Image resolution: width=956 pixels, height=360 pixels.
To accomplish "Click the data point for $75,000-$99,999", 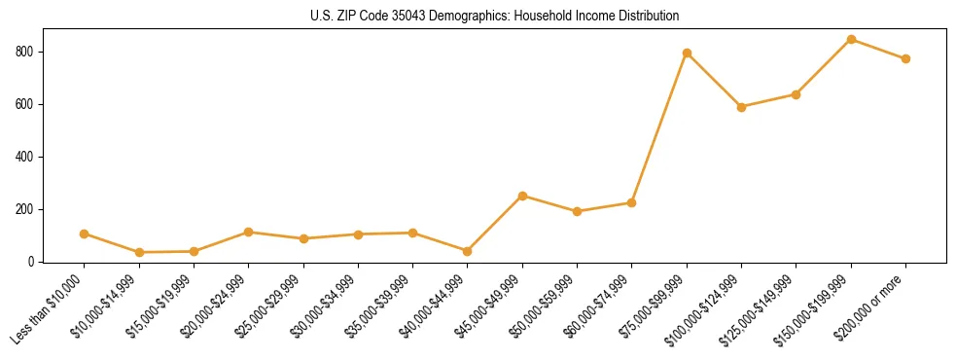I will [x=687, y=53].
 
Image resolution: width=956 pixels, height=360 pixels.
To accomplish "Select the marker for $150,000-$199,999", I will [x=851, y=40].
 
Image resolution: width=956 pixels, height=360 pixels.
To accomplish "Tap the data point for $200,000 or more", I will [x=905, y=58].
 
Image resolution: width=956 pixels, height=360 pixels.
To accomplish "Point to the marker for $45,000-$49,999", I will [x=522, y=196].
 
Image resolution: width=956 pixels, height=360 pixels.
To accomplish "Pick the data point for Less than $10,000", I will [x=85, y=234].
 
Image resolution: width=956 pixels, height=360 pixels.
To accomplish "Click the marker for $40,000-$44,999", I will [x=468, y=251].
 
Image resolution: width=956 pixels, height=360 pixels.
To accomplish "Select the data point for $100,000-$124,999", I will [x=741, y=107].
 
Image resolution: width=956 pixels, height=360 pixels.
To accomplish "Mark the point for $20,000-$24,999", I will [x=249, y=232].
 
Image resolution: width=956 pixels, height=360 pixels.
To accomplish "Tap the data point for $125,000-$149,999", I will [x=796, y=94].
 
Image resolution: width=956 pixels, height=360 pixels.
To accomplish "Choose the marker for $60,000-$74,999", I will [x=632, y=202].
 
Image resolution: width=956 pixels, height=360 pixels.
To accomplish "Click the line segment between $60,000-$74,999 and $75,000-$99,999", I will [x=659, y=127].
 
